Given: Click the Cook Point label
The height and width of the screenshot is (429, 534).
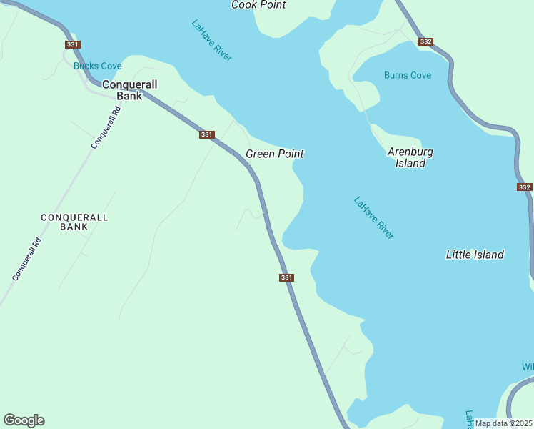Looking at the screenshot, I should tap(258, 5).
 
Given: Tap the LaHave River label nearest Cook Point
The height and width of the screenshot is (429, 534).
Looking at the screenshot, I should tap(211, 40).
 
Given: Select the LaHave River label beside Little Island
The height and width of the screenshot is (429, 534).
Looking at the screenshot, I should tap(374, 217).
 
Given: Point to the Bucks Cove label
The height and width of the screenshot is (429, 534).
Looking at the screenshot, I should tap(98, 66).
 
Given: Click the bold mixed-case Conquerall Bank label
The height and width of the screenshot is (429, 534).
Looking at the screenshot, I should tap(129, 89).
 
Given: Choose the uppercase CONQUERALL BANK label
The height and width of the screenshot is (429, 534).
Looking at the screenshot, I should tap(74, 222).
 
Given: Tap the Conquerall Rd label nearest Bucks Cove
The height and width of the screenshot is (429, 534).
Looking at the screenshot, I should tap(106, 123).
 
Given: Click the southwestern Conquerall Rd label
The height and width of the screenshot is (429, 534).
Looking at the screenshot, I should tap(28, 259).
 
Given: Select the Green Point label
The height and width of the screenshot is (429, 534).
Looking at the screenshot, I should tap(275, 154).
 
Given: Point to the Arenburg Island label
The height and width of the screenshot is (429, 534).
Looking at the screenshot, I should tap(410, 157).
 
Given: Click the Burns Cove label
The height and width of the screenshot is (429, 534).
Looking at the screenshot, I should tap(408, 75).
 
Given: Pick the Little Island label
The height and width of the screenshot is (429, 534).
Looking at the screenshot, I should tap(475, 255).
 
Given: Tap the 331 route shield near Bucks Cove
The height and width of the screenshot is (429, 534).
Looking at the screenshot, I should tap(72, 44).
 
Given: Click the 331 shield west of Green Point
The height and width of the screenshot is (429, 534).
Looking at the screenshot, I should tap(207, 134).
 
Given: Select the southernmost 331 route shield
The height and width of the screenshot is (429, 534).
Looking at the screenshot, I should tap(286, 277).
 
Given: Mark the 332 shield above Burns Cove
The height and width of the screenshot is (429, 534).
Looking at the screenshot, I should tap(426, 41).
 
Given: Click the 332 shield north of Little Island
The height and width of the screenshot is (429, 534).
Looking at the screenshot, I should tap(525, 187).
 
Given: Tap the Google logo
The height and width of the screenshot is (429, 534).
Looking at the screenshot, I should tap(24, 420).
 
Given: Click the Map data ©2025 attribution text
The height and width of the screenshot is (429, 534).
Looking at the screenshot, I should tap(504, 423).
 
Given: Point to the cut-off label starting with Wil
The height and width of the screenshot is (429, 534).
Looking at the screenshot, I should tap(528, 367).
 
